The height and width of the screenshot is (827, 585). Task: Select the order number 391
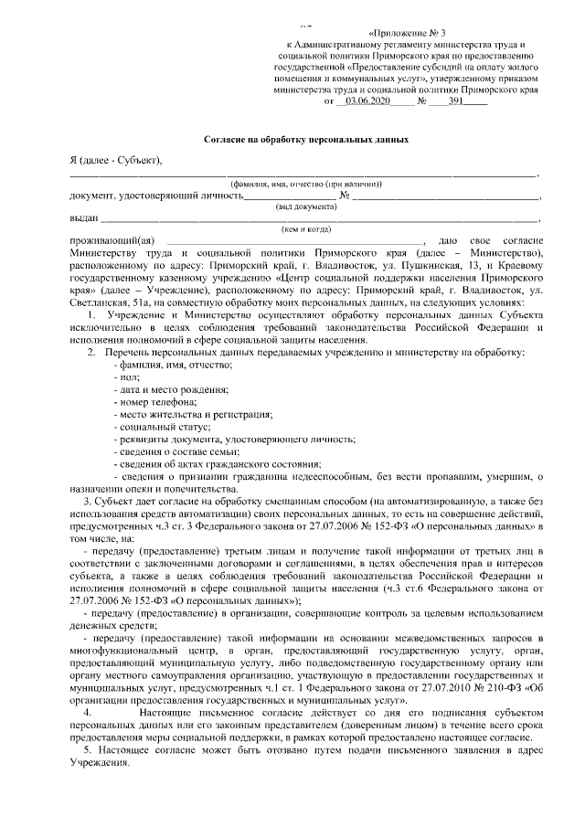(x=459, y=102)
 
